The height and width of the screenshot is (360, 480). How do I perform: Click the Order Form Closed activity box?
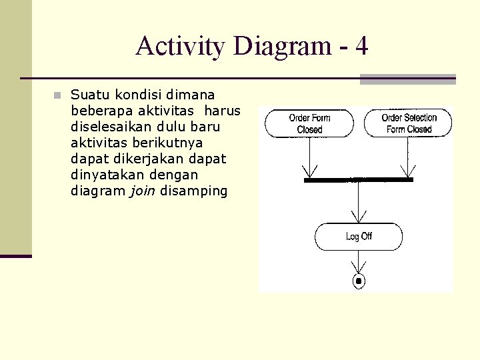309,123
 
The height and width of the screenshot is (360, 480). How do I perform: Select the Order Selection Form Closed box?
408,123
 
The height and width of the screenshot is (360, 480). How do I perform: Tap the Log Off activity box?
359,237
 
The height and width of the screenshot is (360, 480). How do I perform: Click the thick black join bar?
359,180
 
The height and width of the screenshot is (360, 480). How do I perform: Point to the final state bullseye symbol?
359,281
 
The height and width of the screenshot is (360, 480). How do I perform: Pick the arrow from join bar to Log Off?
359,203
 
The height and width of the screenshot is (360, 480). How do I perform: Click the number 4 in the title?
361,46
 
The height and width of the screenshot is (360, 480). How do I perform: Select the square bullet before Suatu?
58,95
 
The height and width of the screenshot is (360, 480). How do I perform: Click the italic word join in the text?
137,191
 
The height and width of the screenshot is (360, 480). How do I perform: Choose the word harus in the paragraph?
223,111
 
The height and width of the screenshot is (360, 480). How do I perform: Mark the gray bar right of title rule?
407,79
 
